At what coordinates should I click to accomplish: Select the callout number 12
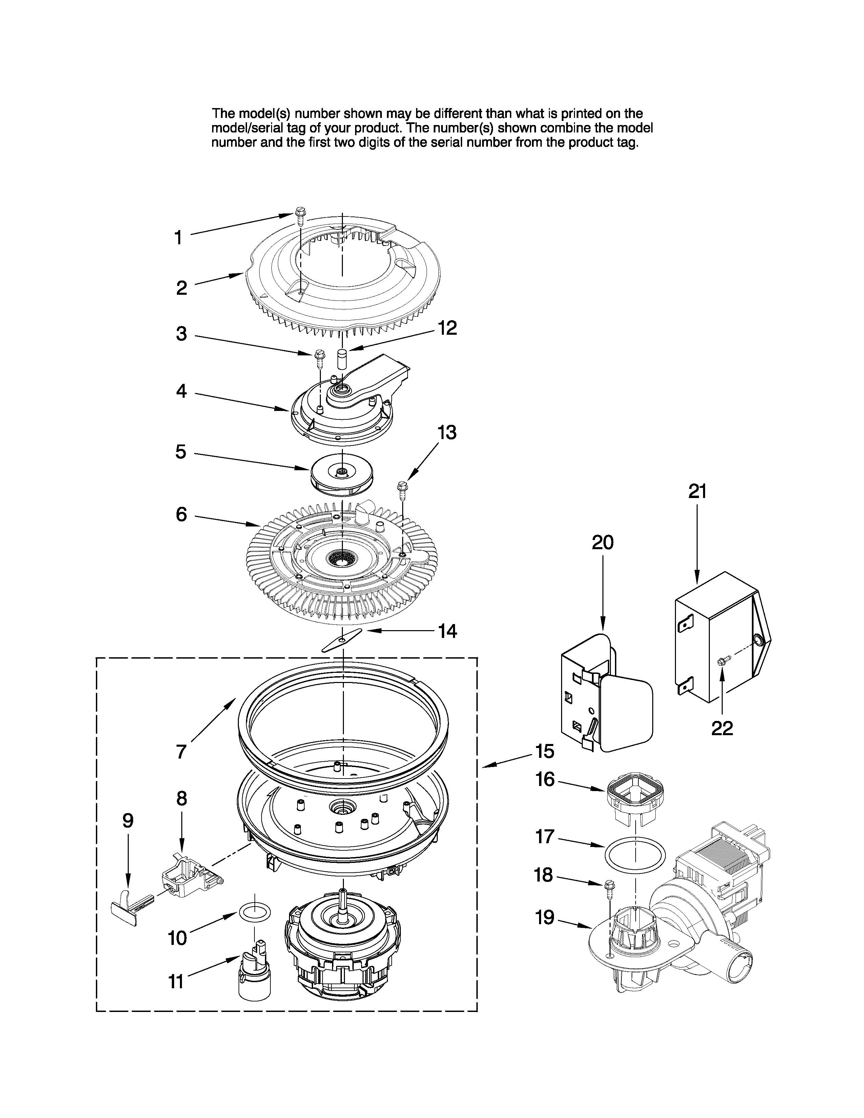(447, 328)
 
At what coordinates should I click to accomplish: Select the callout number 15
(544, 751)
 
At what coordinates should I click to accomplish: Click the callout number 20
(602, 542)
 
